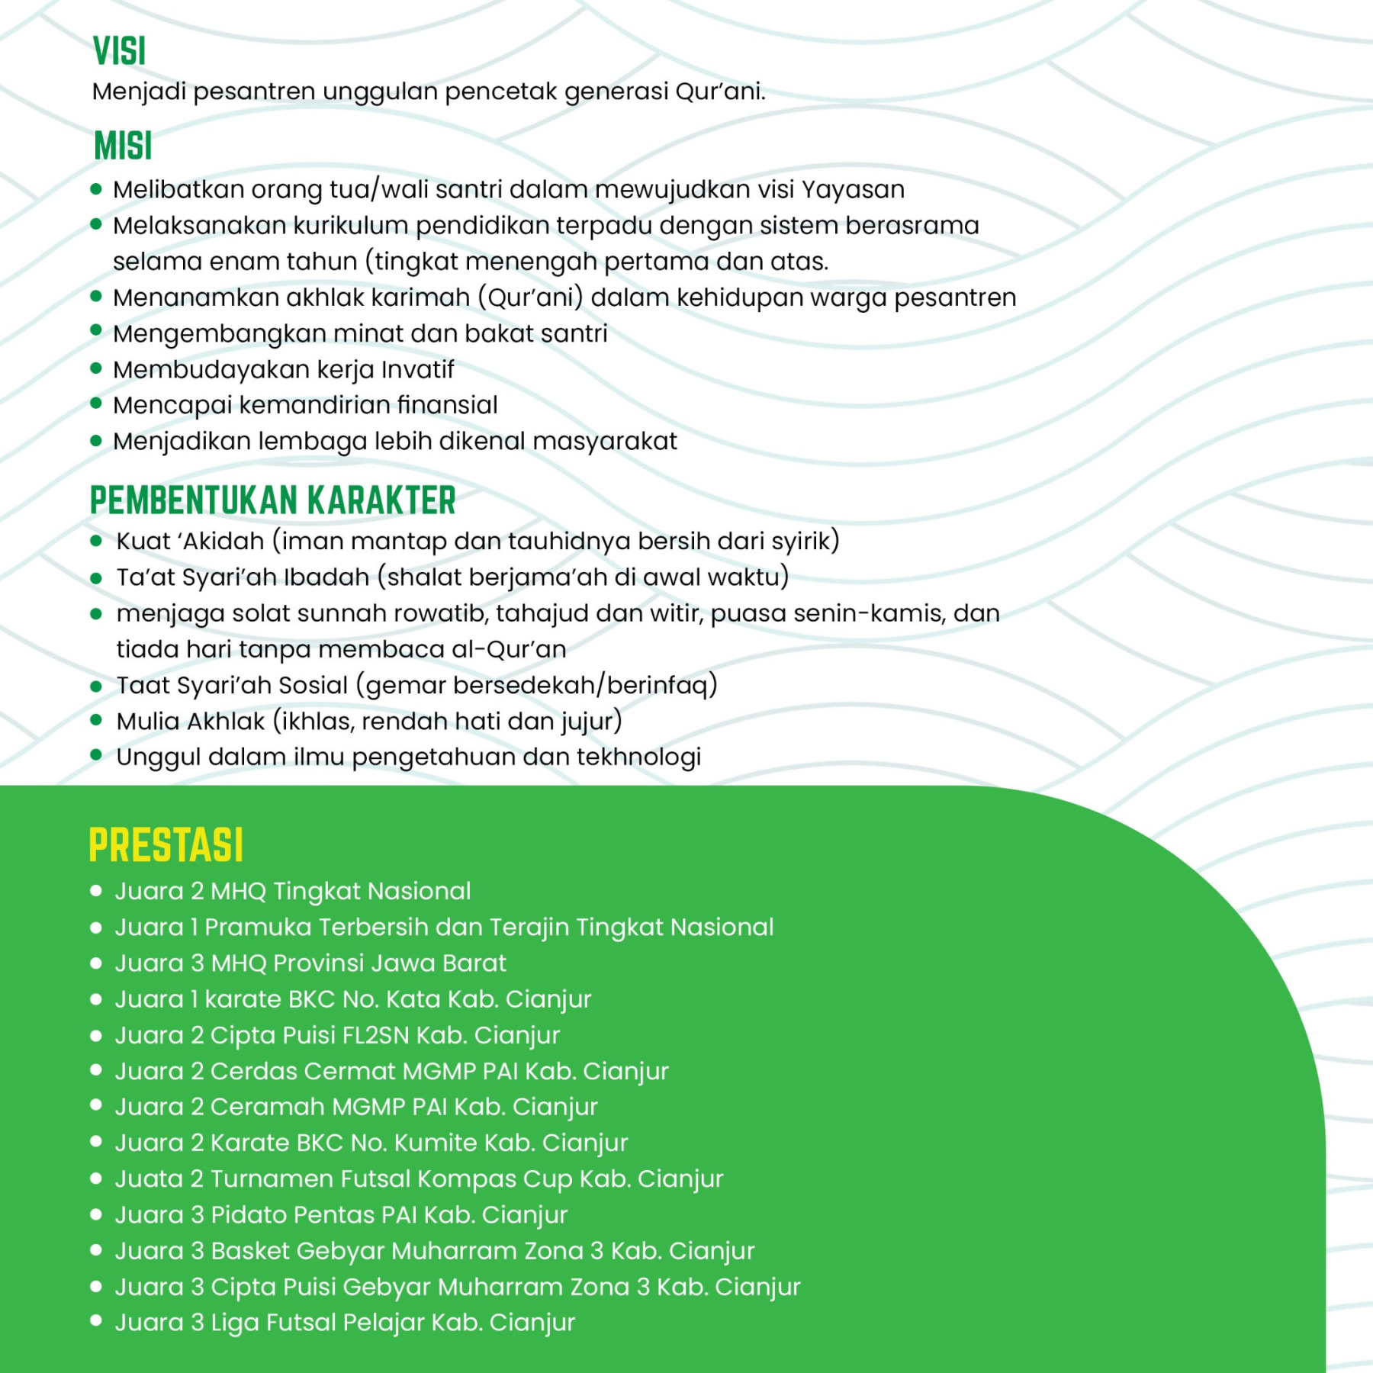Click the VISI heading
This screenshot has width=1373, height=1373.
pyautogui.click(x=119, y=51)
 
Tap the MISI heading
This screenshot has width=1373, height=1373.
pyautogui.click(x=123, y=146)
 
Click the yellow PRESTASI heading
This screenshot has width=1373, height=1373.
pyautogui.click(x=166, y=845)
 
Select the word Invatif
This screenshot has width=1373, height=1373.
pyautogui.click(x=417, y=370)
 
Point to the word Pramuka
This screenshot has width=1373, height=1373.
pyautogui.click(x=258, y=928)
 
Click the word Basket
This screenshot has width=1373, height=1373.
pyautogui.click(x=250, y=1251)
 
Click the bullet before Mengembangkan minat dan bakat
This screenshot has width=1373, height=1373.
pyautogui.click(x=96, y=331)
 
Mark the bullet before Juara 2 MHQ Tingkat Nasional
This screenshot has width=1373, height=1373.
pyautogui.click(x=96, y=890)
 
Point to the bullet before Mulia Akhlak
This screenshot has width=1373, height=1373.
pyautogui.click(x=96, y=720)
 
